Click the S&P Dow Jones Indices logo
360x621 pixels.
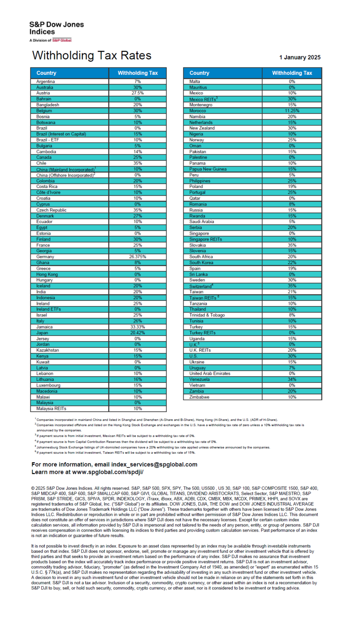(x=56, y=31)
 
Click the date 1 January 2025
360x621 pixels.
(x=299, y=57)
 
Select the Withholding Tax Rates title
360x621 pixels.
(x=92, y=55)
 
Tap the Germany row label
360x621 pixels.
(x=45, y=257)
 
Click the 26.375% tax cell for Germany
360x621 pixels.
(x=138, y=257)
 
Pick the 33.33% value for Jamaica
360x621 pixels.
(x=138, y=327)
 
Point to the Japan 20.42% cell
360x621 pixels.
(x=138, y=333)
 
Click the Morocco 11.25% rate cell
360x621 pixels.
(x=292, y=111)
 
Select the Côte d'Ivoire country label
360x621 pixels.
(x=49, y=192)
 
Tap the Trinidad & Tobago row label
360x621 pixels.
(x=207, y=315)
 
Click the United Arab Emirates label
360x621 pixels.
(x=210, y=374)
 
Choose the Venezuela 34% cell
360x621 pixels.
(x=292, y=380)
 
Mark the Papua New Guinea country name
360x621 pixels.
(x=208, y=169)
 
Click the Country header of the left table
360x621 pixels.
(x=47, y=73)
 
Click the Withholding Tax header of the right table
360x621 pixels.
(x=292, y=73)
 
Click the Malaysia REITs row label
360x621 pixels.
(x=51, y=409)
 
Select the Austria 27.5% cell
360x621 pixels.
(x=138, y=93)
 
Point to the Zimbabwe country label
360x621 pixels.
(x=199, y=397)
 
